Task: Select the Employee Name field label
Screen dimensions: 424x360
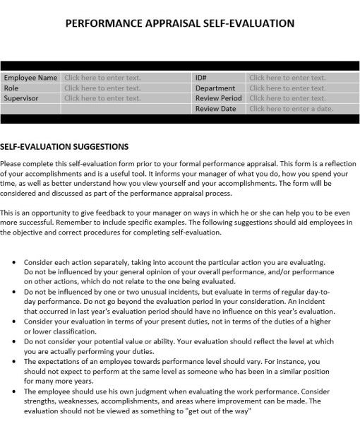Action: tap(30, 78)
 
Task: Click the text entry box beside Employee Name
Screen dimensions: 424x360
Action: tap(102, 78)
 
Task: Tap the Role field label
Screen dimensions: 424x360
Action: tap(11, 88)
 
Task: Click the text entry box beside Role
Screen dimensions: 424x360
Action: tap(102, 88)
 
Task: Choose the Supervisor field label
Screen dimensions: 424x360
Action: tap(22, 99)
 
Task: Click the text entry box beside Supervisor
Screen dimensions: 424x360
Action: tap(102, 99)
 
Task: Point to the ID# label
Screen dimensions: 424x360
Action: tap(200, 78)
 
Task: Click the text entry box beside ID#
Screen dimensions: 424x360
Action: tap(287, 78)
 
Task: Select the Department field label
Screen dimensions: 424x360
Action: tap(215, 88)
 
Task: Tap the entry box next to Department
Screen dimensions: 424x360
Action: tap(287, 88)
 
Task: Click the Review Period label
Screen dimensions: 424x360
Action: tap(219, 99)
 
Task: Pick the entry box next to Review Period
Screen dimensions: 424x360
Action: tap(287, 99)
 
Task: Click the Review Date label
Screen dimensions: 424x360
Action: tap(215, 109)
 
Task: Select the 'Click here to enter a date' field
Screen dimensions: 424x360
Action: tap(290, 109)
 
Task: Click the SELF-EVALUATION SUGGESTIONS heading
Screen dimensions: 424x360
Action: tap(64, 147)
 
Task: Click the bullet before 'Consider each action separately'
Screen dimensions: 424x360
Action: tap(15, 262)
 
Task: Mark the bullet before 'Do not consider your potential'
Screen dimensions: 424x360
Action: tap(15, 341)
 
